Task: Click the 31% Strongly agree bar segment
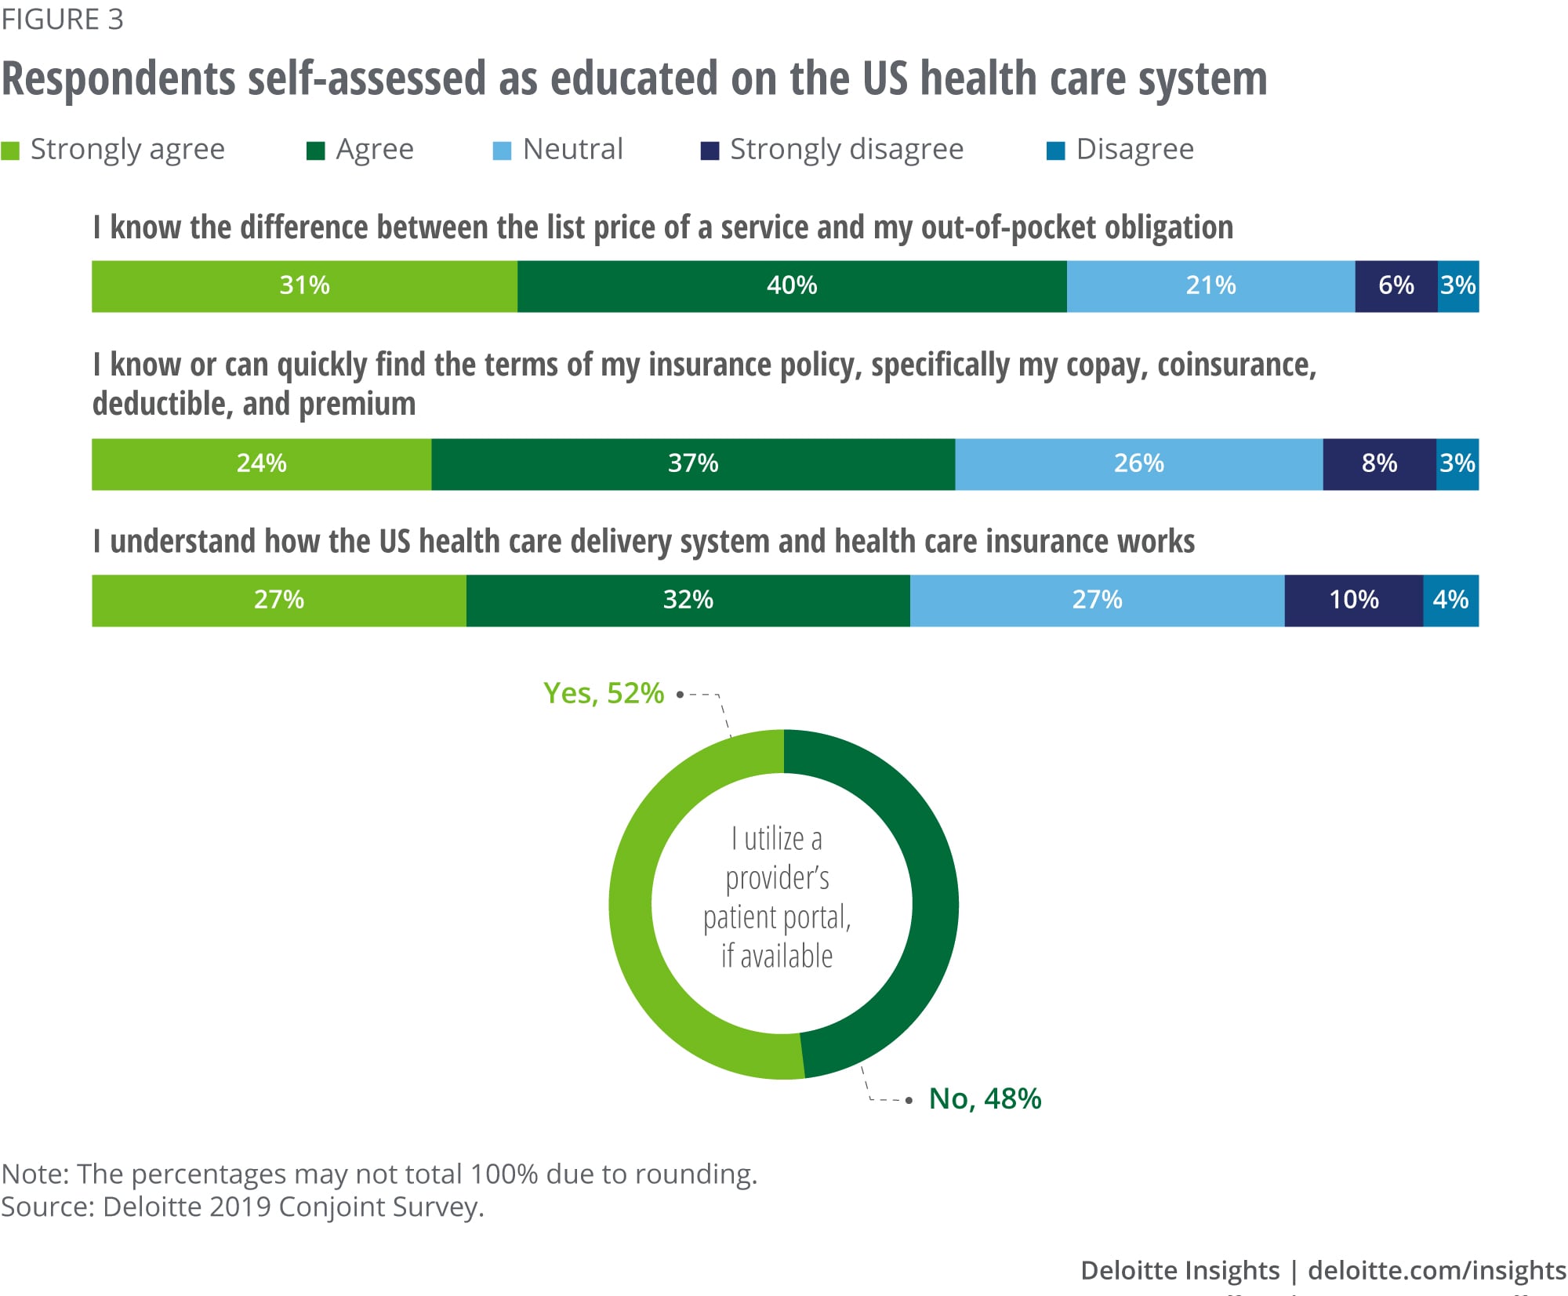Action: [x=304, y=286]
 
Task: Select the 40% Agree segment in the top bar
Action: [x=792, y=286]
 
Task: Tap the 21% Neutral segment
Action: [x=1210, y=286]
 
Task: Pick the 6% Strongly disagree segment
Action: [x=1396, y=286]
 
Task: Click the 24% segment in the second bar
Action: [x=261, y=464]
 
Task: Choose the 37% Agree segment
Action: [x=693, y=464]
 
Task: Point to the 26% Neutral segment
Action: [x=1138, y=464]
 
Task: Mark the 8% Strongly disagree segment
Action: [x=1379, y=464]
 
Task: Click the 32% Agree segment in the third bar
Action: [x=688, y=601]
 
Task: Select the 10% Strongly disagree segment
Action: [x=1353, y=601]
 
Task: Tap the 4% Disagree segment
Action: [x=1450, y=601]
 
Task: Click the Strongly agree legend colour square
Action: [x=10, y=151]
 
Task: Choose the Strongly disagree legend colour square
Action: [x=710, y=151]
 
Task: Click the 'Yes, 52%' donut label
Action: [x=603, y=693]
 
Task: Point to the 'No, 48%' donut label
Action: [x=985, y=1098]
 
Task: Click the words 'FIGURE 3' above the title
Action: [x=62, y=19]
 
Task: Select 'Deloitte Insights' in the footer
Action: [x=1179, y=1269]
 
